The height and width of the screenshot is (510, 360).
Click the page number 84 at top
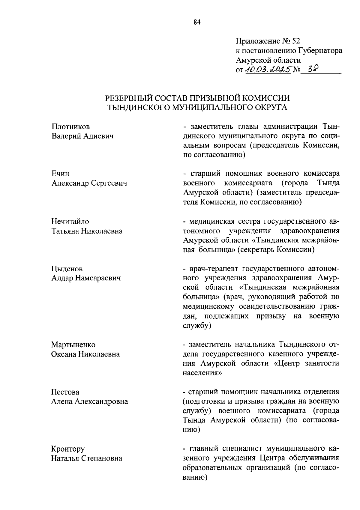(x=197, y=22)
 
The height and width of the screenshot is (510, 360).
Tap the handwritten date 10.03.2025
(x=268, y=70)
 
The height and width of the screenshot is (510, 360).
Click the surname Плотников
(x=70, y=127)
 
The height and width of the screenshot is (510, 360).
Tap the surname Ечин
(x=60, y=174)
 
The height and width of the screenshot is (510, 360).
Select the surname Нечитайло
(x=70, y=222)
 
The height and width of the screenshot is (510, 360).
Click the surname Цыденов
(x=67, y=269)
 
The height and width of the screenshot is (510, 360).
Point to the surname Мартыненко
(x=73, y=344)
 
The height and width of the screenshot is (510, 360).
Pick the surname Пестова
(x=65, y=392)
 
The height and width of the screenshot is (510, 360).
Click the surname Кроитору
(x=68, y=449)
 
